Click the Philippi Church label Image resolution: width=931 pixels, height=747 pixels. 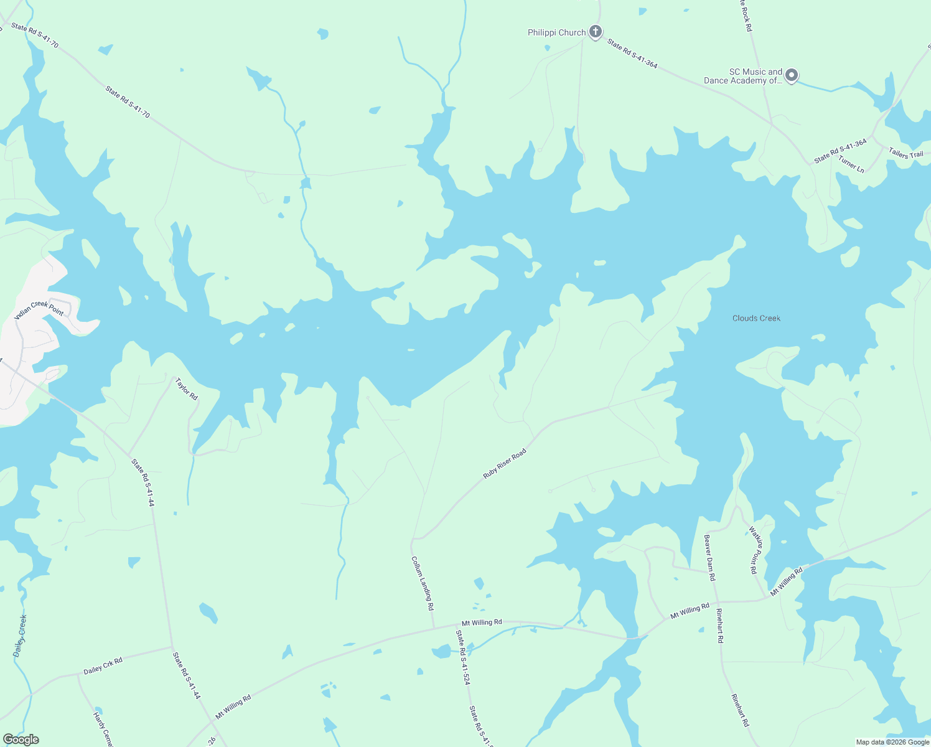[556, 33]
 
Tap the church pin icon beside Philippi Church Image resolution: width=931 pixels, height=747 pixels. [596, 32]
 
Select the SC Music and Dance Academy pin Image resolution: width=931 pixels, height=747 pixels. [792, 76]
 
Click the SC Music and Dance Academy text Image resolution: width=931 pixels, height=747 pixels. [743, 77]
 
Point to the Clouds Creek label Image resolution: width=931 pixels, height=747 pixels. [756, 318]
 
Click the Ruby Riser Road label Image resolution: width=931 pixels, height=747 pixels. [505, 464]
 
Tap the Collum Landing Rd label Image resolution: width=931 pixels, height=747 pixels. [423, 583]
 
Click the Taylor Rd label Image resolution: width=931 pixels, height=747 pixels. [187, 389]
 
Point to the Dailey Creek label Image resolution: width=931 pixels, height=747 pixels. [20, 636]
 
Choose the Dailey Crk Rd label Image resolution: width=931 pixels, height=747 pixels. [103, 666]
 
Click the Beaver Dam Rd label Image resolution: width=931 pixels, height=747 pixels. [709, 557]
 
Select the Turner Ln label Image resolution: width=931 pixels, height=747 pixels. [851, 164]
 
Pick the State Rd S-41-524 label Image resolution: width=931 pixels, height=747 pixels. [462, 657]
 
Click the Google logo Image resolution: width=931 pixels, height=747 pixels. [21, 740]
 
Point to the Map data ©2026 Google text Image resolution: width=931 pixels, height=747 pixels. [892, 742]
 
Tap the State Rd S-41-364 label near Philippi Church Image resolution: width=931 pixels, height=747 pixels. [632, 54]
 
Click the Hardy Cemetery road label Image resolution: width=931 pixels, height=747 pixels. [103, 727]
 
